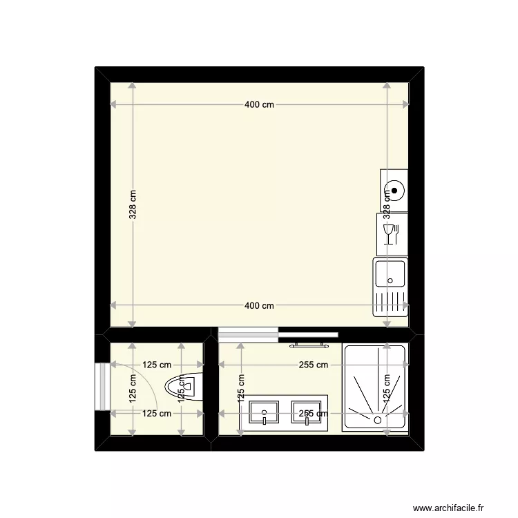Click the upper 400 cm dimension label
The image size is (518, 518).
coord(259,105)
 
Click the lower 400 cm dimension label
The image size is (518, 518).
coord(259,306)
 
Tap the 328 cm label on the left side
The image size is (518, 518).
coord(133,205)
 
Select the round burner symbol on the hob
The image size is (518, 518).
coord(394,190)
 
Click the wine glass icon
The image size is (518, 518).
coord(388,233)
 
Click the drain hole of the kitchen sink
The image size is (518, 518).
coord(391,281)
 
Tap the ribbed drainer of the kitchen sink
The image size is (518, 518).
coord(391,303)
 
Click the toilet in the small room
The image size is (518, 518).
coord(185,387)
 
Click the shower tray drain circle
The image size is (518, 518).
coord(378,419)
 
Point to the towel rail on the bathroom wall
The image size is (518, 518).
coord(308,343)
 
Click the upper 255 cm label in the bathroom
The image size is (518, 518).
coord(314,365)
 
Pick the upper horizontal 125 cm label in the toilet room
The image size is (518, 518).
coord(157,365)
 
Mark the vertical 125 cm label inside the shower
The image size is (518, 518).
coord(387,389)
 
